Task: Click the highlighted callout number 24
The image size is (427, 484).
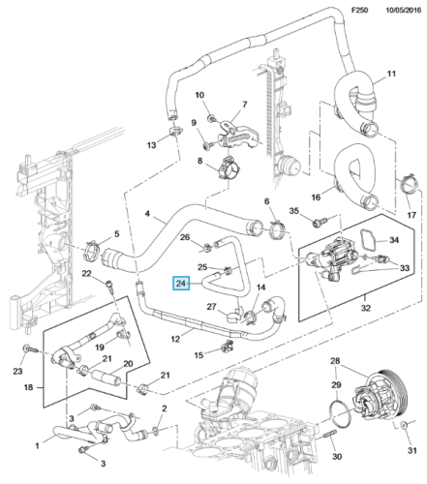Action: (x=181, y=284)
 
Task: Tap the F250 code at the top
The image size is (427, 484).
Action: (x=359, y=10)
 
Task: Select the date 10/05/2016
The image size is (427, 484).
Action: (x=404, y=10)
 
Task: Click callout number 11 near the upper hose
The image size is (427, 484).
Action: (x=391, y=74)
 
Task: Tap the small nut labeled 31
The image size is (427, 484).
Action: (x=403, y=426)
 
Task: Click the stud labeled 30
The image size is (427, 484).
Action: (x=329, y=436)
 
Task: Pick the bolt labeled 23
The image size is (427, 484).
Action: (x=30, y=349)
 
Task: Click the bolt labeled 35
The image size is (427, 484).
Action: (x=320, y=223)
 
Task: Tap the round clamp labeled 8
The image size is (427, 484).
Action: (x=229, y=167)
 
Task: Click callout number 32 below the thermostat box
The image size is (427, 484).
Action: (x=365, y=308)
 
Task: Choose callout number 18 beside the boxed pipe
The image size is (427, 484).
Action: (x=28, y=387)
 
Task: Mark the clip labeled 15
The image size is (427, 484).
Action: (x=226, y=347)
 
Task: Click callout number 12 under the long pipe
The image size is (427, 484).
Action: (x=175, y=339)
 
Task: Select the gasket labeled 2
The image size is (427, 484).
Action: (x=155, y=430)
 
